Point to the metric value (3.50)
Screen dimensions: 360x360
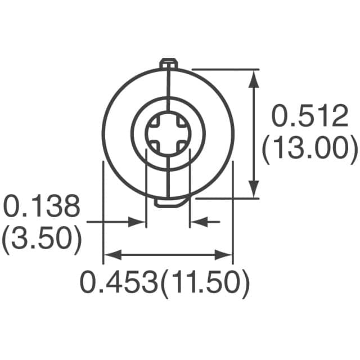(42, 240)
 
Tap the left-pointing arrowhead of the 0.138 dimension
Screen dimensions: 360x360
(197, 222)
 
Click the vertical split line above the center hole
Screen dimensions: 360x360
(168, 93)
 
